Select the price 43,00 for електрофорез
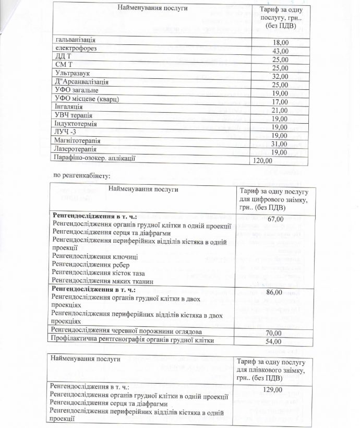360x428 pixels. click(280, 51)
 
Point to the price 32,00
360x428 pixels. click(280, 76)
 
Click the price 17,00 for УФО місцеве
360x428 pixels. click(280, 102)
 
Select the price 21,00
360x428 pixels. click(280, 110)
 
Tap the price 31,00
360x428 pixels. click(280, 144)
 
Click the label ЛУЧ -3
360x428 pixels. click(65, 132)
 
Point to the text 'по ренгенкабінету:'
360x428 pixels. click(82, 174)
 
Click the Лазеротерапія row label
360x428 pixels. click(76, 149)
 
